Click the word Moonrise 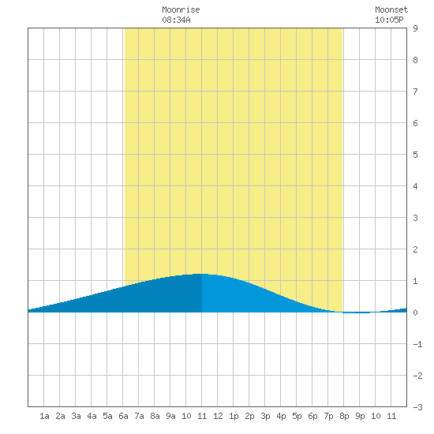click(x=181, y=9)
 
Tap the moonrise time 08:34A click(x=176, y=20)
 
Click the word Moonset click(x=391, y=9)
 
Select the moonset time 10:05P click(x=389, y=20)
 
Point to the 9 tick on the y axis click(x=415, y=28)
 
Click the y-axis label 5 click(x=415, y=155)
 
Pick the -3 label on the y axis click(x=417, y=407)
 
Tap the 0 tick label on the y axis click(x=415, y=312)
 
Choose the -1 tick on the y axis click(x=417, y=344)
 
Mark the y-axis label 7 click(x=415, y=92)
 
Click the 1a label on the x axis click(x=44, y=416)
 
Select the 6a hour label click(x=123, y=416)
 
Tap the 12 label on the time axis click(x=218, y=416)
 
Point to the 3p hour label click(x=265, y=416)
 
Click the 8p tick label click(x=344, y=416)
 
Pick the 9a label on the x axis click(x=170, y=416)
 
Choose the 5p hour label click(x=297, y=416)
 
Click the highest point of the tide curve click(x=202, y=274)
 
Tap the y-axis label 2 click(x=415, y=249)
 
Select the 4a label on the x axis click(x=92, y=416)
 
